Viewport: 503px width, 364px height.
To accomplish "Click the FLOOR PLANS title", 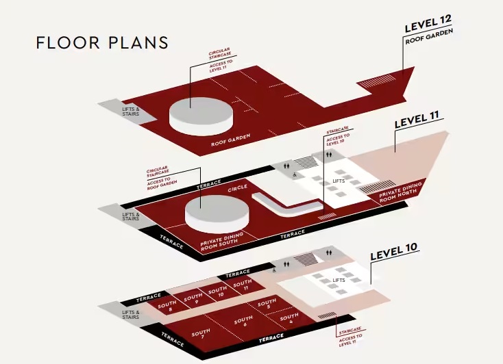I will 101,42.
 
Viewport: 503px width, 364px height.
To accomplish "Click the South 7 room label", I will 201,335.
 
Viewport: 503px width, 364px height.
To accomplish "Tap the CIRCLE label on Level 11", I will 237,186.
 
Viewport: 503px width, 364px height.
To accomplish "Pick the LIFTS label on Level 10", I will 339,281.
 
